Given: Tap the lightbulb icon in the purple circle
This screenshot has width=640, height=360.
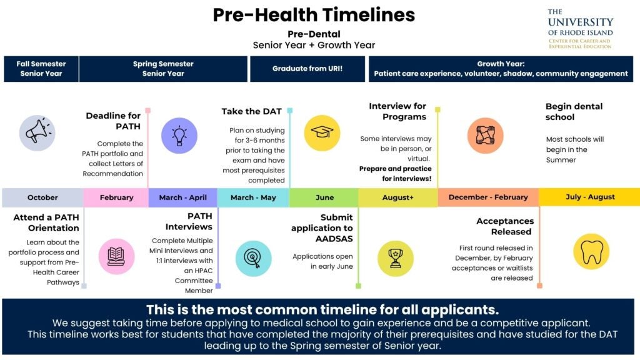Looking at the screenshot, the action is (179, 136).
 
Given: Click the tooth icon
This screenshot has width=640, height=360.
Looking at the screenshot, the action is (591, 252).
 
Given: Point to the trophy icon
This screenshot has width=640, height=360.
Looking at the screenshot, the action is (396, 258).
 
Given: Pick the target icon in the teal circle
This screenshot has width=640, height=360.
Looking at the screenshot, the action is (254, 258).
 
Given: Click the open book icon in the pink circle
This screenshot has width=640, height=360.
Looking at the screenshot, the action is (116, 256).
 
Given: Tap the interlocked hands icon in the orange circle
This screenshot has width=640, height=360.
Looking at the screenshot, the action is (485, 136).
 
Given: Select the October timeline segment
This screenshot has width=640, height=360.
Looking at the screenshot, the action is (42, 197).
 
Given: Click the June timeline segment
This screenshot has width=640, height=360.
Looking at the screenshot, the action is (324, 197).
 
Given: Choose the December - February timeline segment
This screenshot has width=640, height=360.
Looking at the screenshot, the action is (488, 197).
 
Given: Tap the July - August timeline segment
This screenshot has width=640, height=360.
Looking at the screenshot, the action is (589, 197).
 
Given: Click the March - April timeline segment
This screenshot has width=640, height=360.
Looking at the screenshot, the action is (183, 197).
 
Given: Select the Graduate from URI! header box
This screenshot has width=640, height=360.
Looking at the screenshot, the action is (307, 69).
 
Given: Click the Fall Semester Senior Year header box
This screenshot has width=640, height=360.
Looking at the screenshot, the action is (41, 69).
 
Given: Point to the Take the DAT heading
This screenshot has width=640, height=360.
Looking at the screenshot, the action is (251, 111).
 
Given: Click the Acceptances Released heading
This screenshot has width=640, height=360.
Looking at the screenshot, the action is (505, 226).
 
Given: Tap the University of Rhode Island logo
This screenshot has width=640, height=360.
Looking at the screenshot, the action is (580, 29).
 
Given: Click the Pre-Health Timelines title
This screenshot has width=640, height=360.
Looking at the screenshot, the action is (314, 15).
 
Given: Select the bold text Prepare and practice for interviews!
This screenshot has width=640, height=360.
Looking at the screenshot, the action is (395, 174).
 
